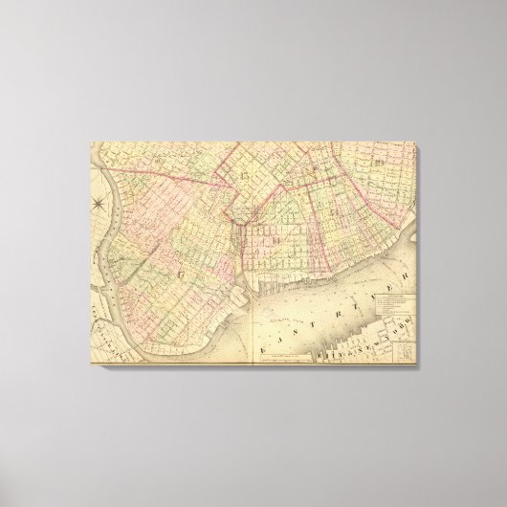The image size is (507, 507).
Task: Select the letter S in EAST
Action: click(x=305, y=321)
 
